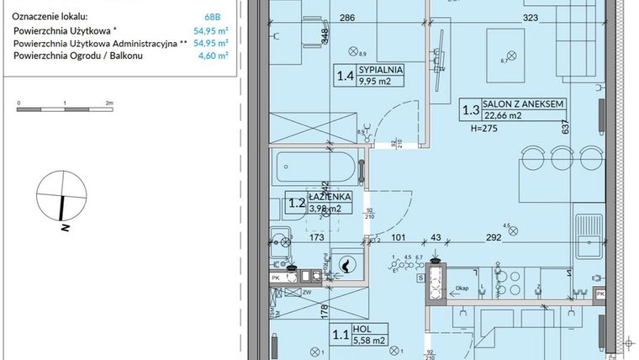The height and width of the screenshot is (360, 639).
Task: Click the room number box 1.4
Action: click(345, 77)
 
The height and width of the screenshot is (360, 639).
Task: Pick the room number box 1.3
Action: click(471, 109)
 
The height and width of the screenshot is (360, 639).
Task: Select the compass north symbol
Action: click(62, 197)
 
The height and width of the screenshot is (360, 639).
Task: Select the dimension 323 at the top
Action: click(531, 17)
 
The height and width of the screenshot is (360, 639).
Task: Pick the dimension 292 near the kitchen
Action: click(493, 238)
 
